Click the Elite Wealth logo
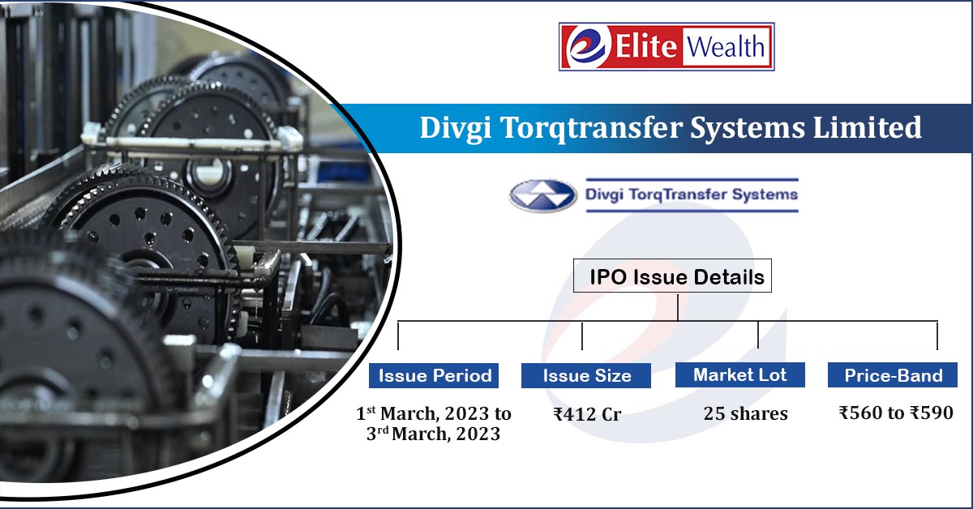coord(667,46)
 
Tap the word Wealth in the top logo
coord(725,46)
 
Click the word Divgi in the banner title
coord(456,129)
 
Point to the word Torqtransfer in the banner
coord(591,129)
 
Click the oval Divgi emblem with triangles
coord(542,195)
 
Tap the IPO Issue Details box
coord(672,276)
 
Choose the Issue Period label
coord(434,375)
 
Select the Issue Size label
coord(586,375)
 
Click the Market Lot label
coord(739,374)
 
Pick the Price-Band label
coord(892,374)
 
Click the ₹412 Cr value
coord(587,414)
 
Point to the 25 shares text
coord(745,413)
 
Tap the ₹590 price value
coord(932,413)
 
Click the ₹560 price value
coord(860,413)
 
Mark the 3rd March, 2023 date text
coord(433,434)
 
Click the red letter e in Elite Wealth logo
coord(587,47)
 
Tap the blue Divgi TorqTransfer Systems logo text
coord(692,195)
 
